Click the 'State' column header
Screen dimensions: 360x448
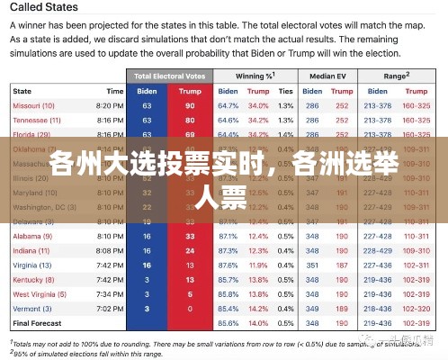22,91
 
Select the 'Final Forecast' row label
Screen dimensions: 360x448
37,322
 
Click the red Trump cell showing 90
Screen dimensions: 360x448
189,105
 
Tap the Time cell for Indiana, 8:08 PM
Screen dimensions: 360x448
109,250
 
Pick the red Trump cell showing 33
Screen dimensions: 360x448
189,236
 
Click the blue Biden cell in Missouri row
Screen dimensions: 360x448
148,105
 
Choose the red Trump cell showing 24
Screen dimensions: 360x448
189,250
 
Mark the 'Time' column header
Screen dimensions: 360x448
114,91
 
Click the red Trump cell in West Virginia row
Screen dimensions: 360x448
189,293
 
